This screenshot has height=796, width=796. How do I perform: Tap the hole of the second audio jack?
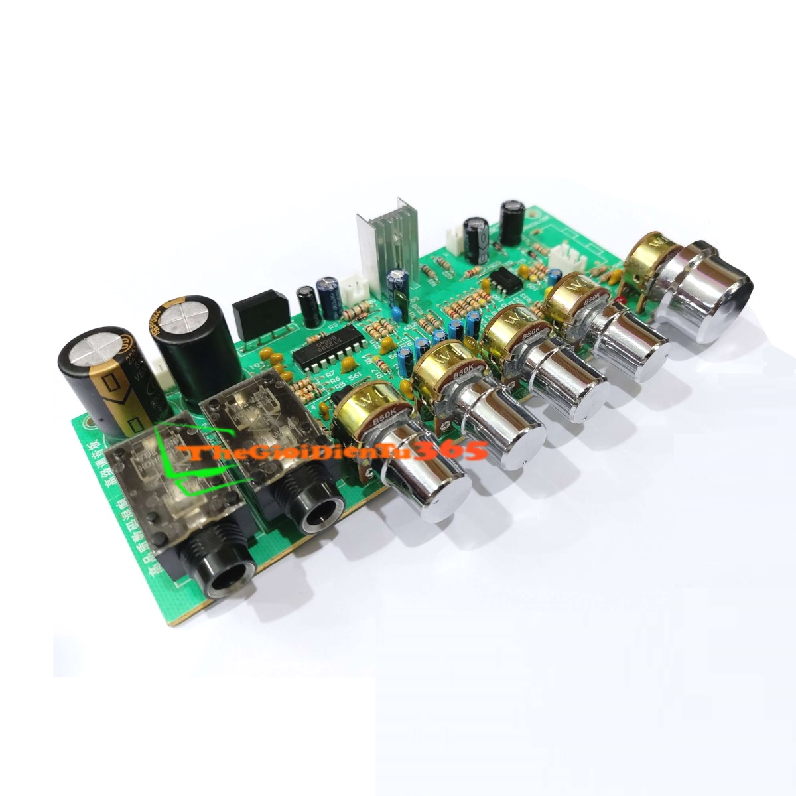click(x=321, y=514)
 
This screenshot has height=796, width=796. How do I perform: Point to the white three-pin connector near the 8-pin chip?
click(x=568, y=255)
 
